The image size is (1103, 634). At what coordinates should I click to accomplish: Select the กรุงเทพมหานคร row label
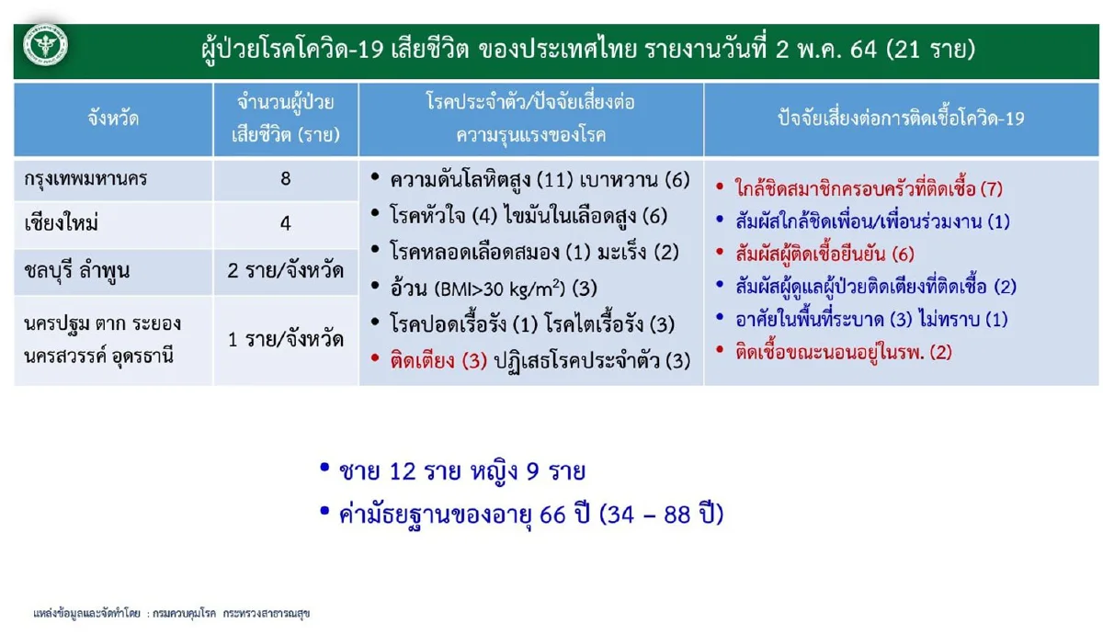click(x=86, y=179)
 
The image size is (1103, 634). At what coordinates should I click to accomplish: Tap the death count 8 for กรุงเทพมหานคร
click(x=286, y=179)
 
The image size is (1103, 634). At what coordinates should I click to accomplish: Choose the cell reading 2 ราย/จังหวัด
click(x=286, y=272)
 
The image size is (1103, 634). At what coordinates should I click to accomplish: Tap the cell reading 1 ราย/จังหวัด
click(x=286, y=339)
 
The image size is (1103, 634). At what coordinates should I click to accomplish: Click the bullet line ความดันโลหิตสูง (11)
click(x=477, y=180)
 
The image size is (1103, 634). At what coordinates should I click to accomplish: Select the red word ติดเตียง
click(x=423, y=361)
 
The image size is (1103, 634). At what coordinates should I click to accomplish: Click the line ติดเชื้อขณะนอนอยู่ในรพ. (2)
click(x=843, y=351)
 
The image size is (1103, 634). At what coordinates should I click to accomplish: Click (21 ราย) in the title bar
click(x=929, y=50)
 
